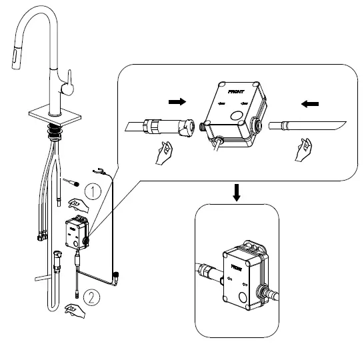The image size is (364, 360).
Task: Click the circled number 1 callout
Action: pos(93,191)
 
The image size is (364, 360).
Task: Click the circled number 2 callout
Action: pos(91,297)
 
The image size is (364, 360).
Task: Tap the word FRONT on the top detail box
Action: pos(236,92)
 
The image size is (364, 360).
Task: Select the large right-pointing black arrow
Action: pos(177,101)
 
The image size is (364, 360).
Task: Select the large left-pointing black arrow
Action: pos(310,104)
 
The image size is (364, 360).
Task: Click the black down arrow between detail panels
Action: pos(237,193)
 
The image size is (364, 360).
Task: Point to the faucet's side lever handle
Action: pos(68,83)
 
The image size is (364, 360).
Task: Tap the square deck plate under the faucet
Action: pos(55,115)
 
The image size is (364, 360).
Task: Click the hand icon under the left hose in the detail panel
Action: pos(164,153)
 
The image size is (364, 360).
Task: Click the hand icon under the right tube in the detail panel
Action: pos(303,150)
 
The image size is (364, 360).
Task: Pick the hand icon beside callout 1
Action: pos(78,205)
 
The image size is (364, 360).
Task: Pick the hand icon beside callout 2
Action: pos(75,311)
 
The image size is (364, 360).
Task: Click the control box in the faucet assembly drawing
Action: pos(77,233)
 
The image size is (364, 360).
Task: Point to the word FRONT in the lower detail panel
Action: pos(236,267)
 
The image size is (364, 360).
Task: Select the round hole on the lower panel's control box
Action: pos(243,297)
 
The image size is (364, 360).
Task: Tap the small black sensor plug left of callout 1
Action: pos(76,184)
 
